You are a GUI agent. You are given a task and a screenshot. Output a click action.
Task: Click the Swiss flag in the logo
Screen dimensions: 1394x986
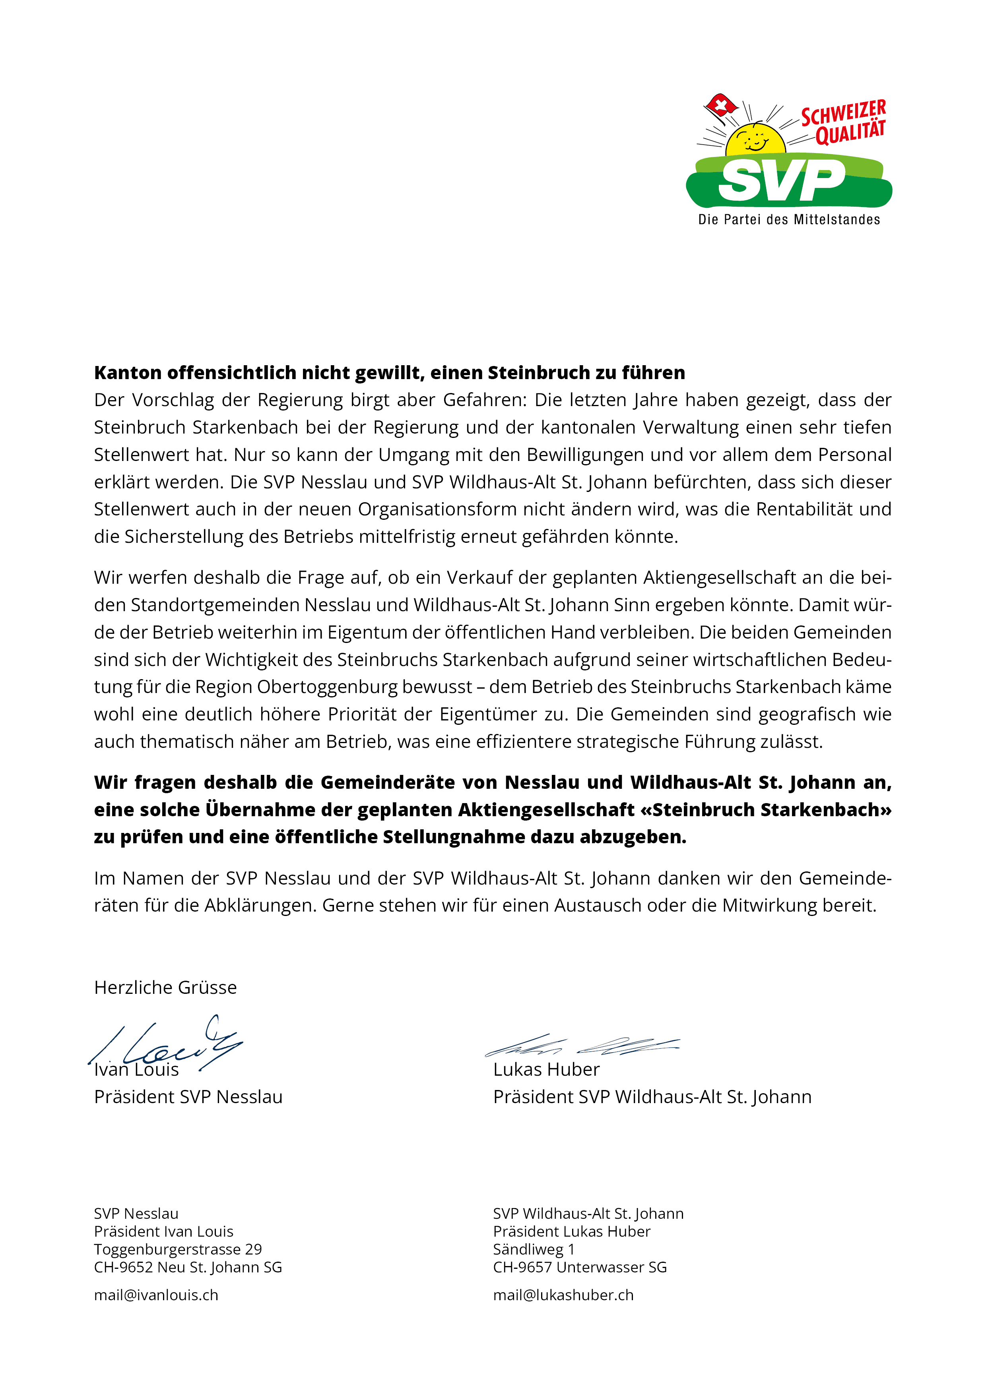click(720, 107)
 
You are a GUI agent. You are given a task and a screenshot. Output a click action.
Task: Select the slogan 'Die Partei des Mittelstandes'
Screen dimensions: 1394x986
click(788, 220)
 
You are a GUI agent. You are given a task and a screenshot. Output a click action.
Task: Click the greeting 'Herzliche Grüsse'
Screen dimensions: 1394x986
click(165, 987)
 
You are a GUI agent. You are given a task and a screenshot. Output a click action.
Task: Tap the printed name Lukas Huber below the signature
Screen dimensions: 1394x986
click(546, 1069)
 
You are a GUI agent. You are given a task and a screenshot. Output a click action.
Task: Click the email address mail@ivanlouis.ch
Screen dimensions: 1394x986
click(156, 1295)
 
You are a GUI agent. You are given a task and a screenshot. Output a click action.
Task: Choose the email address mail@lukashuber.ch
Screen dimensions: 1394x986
click(563, 1295)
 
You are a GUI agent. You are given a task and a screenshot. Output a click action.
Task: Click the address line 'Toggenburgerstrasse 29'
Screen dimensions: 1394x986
click(178, 1249)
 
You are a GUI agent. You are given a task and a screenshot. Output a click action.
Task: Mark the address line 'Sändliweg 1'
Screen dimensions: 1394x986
click(534, 1249)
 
